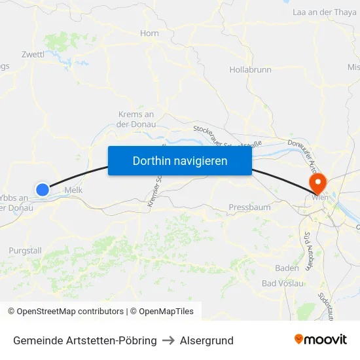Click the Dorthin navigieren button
point(180,160)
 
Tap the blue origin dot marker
point(43,189)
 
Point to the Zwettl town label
point(33,54)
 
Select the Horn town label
point(149,33)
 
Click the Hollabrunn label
point(250,69)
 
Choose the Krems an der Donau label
point(136,118)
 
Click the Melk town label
point(73,191)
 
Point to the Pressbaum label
point(249,207)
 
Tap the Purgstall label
point(26,251)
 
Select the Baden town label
point(287,268)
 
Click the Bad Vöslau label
point(283,283)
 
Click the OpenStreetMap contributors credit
point(65,312)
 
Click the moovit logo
point(321,339)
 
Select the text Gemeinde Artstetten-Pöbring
point(85,340)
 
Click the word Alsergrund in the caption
point(207,340)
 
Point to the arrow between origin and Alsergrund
point(168,340)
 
